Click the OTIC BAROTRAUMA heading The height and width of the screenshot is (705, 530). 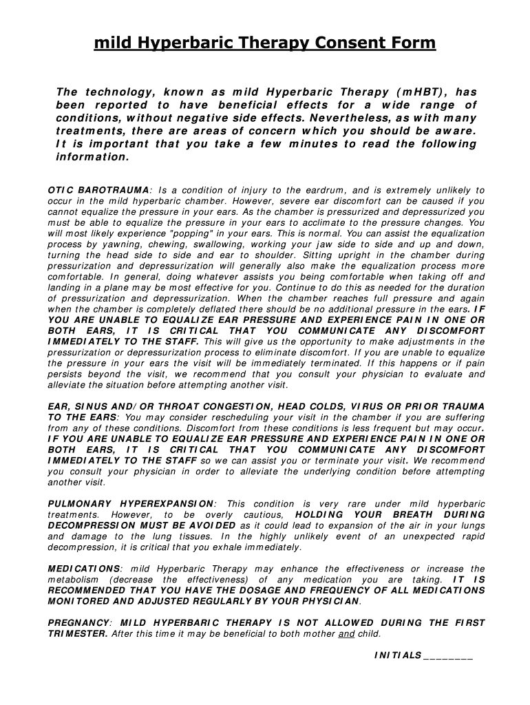(98, 190)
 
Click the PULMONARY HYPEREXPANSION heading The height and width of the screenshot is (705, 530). (131, 504)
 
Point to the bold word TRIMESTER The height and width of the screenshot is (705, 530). (76, 634)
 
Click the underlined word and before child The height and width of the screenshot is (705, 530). (346, 634)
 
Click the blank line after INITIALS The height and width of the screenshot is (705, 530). (449, 656)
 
